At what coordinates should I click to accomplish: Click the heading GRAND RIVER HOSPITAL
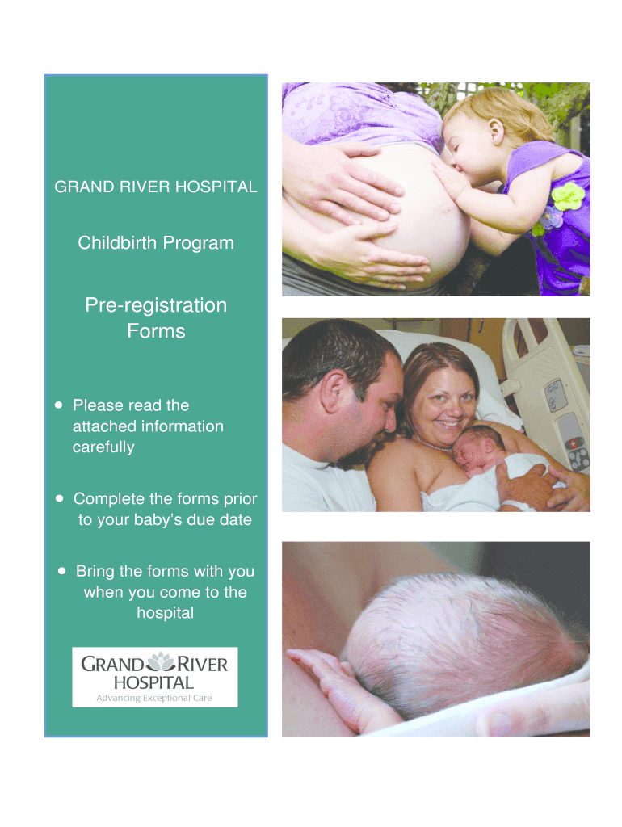tap(156, 187)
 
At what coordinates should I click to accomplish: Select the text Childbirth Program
tap(156, 242)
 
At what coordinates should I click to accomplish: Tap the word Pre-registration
tap(156, 306)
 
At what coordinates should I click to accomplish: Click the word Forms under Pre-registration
tap(156, 331)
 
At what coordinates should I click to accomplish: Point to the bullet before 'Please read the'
tap(59, 405)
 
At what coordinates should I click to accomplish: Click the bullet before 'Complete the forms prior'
tap(59, 499)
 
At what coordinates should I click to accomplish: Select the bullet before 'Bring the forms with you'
tap(61, 571)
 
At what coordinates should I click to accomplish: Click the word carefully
tap(103, 447)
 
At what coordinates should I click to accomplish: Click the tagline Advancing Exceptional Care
tap(154, 697)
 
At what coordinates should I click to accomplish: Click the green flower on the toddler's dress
tap(567, 195)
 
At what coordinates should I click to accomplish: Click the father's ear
tap(334, 393)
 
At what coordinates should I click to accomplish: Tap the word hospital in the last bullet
tap(165, 613)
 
